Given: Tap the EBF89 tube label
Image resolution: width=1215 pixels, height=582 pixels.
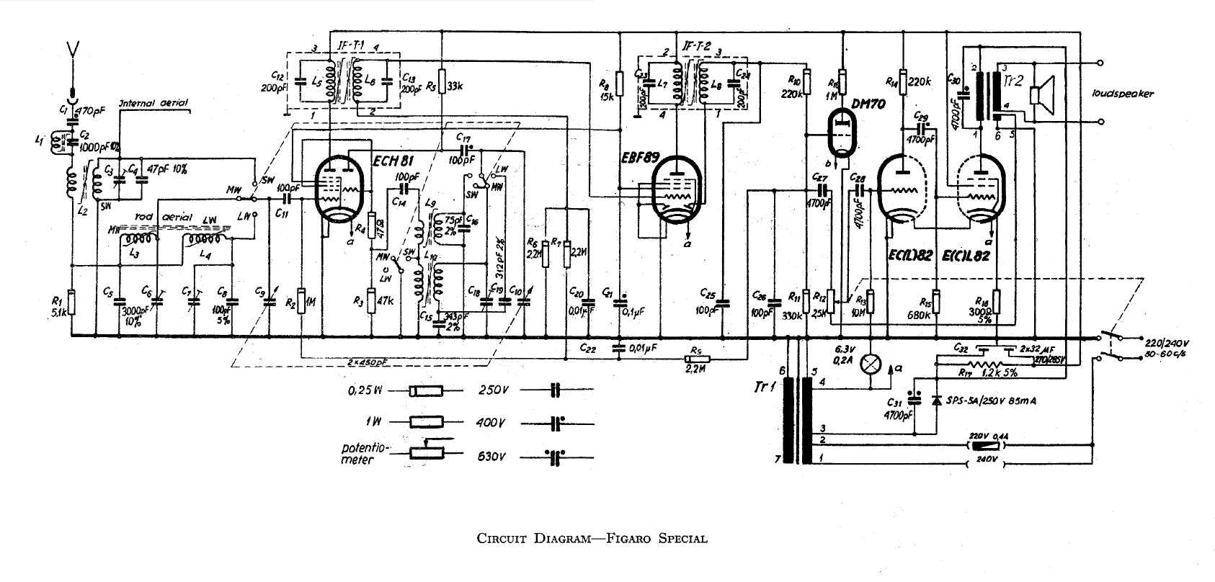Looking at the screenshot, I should click(638, 158).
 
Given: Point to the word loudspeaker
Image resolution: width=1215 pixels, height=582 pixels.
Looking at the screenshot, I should click(1123, 94).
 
